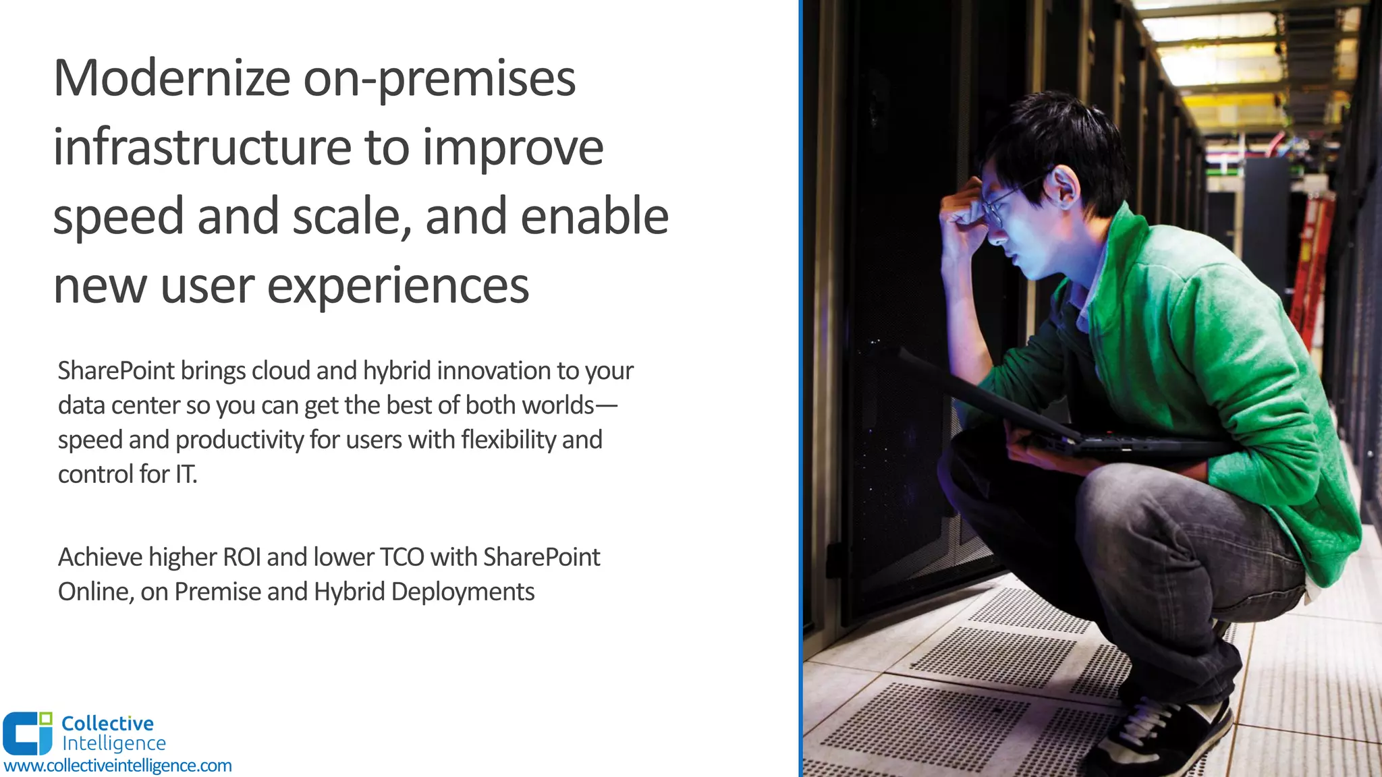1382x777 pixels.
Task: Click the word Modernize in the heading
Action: click(x=171, y=78)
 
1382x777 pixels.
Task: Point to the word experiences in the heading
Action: click(x=398, y=285)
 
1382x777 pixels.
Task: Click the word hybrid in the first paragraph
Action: click(x=396, y=371)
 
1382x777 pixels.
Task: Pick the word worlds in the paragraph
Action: click(x=557, y=405)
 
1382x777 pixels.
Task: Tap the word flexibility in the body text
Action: click(x=508, y=440)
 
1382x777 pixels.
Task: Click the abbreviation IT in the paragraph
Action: click(x=186, y=474)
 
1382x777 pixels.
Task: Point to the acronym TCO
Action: click(x=402, y=557)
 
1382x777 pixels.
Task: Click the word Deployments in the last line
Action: click(x=462, y=592)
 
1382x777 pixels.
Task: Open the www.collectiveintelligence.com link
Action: click(x=118, y=766)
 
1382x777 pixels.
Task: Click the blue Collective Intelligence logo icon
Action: click(x=28, y=732)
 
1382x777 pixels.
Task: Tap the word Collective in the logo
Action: click(x=107, y=723)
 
